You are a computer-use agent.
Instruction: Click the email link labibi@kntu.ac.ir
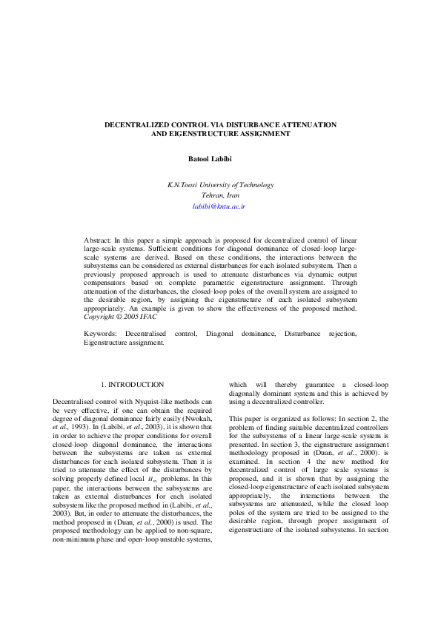[220, 207]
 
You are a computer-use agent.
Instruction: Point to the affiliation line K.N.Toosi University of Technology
[220, 185]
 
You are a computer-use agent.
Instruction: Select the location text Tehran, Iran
[220, 196]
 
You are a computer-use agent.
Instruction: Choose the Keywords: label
[101, 334]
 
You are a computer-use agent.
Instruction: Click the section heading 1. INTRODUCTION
[132, 385]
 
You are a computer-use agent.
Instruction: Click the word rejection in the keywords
[341, 334]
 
